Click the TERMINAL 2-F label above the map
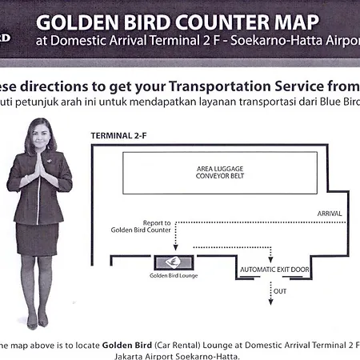click(x=118, y=136)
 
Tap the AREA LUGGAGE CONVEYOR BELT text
click(x=220, y=172)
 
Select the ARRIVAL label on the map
click(x=330, y=214)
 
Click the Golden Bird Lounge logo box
click(x=174, y=262)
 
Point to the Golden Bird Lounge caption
click(x=174, y=276)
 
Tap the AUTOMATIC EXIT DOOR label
click(x=274, y=270)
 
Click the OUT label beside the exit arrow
click(x=280, y=291)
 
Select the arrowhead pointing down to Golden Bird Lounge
click(x=175, y=248)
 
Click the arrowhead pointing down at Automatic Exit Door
click(x=270, y=259)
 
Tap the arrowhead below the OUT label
click(x=270, y=302)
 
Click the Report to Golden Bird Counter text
click(x=141, y=226)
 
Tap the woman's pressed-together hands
click(x=40, y=166)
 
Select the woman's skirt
click(x=37, y=239)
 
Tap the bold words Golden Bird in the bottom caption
click(x=127, y=346)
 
